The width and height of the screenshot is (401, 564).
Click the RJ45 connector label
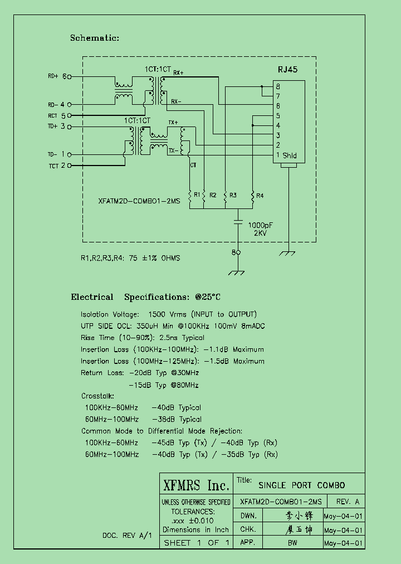(x=287, y=70)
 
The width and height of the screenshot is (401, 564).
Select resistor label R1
(x=197, y=195)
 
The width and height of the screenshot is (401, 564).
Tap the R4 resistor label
(x=260, y=195)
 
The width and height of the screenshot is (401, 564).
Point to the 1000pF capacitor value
(x=260, y=225)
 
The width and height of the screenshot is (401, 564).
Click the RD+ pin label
(x=53, y=76)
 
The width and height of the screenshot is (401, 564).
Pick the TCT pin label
(x=53, y=166)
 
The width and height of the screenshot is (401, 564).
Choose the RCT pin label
(x=53, y=115)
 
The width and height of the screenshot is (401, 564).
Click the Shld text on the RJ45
(x=290, y=155)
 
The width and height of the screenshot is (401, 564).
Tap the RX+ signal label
(x=178, y=73)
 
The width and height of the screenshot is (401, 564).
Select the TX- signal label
(x=173, y=150)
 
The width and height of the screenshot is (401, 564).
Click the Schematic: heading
(x=95, y=38)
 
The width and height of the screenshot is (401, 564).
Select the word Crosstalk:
(x=97, y=396)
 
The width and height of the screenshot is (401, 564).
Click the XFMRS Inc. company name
(x=195, y=485)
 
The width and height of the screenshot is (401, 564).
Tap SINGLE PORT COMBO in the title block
(x=302, y=485)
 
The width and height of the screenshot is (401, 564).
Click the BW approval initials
(x=292, y=543)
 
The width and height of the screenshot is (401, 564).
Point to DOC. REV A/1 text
(x=127, y=535)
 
